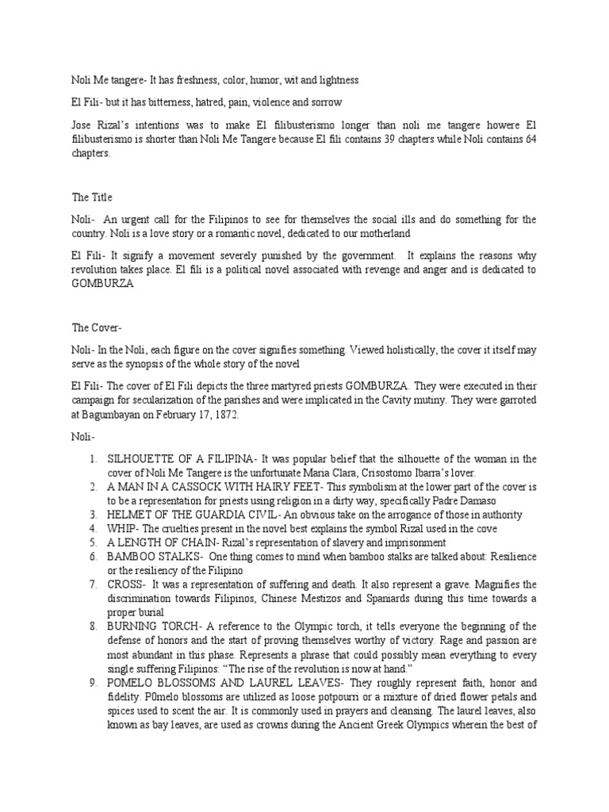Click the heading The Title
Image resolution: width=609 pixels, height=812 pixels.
93,197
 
